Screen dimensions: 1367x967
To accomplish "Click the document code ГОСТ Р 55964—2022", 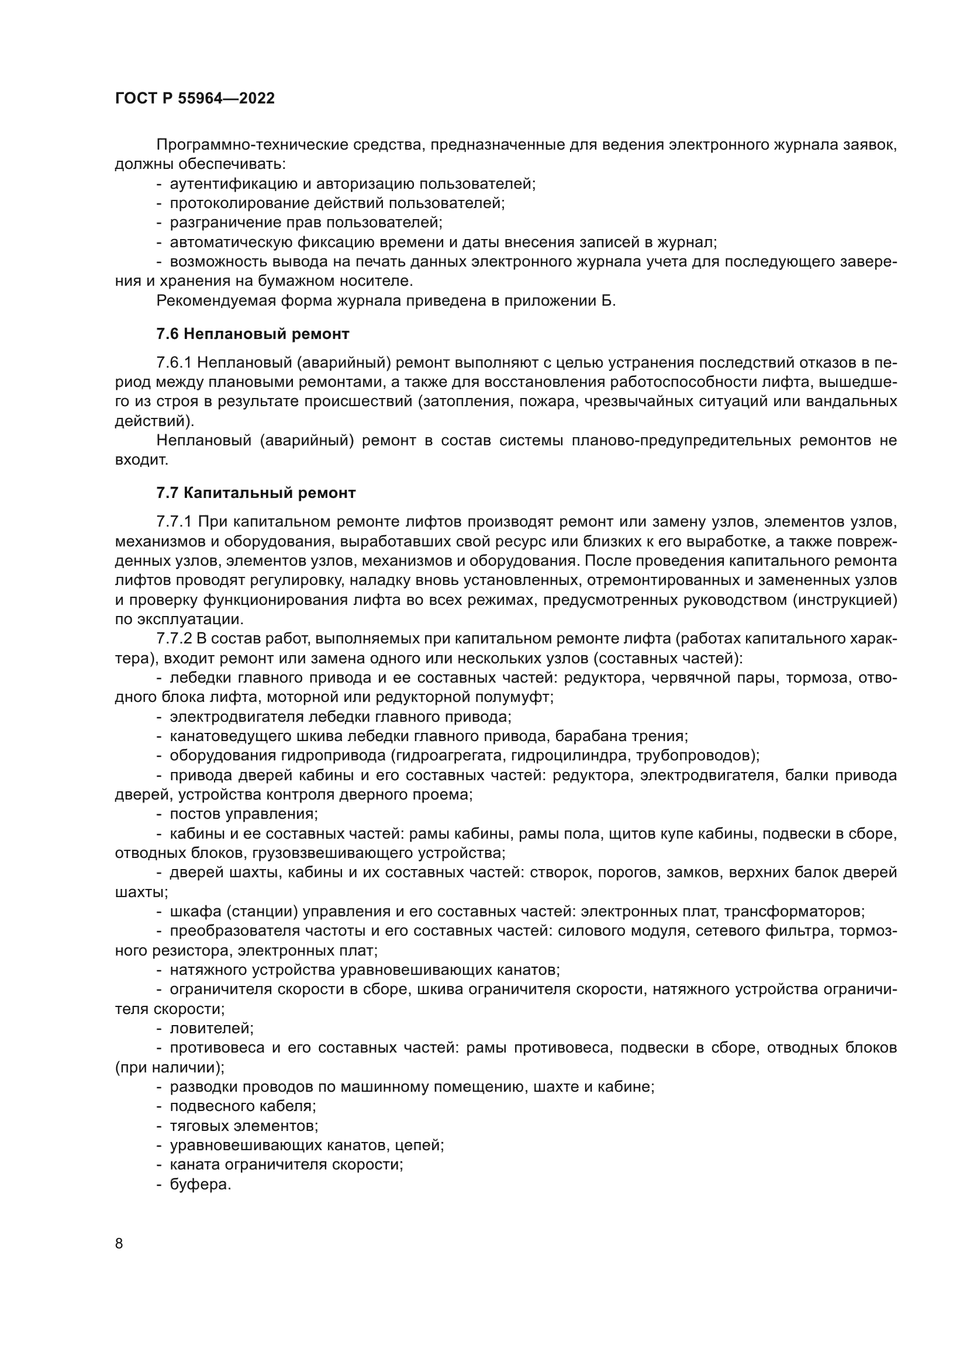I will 195,99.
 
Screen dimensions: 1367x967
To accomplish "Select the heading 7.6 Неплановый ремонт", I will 253,334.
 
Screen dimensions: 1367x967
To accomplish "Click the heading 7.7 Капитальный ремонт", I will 256,493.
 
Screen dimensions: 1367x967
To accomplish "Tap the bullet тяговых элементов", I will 244,1126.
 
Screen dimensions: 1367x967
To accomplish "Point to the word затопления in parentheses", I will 464,402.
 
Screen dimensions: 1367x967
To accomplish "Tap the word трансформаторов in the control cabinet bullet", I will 793,912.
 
